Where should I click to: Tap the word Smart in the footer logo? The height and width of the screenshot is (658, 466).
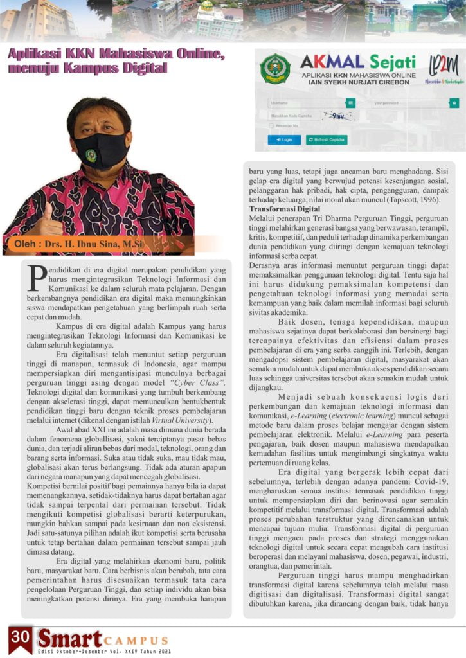[x=69, y=639]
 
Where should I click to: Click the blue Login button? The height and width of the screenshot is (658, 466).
[x=283, y=139]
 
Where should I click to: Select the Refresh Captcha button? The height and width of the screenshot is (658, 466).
[x=327, y=139]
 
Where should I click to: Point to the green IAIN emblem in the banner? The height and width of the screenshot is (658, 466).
[x=275, y=69]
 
